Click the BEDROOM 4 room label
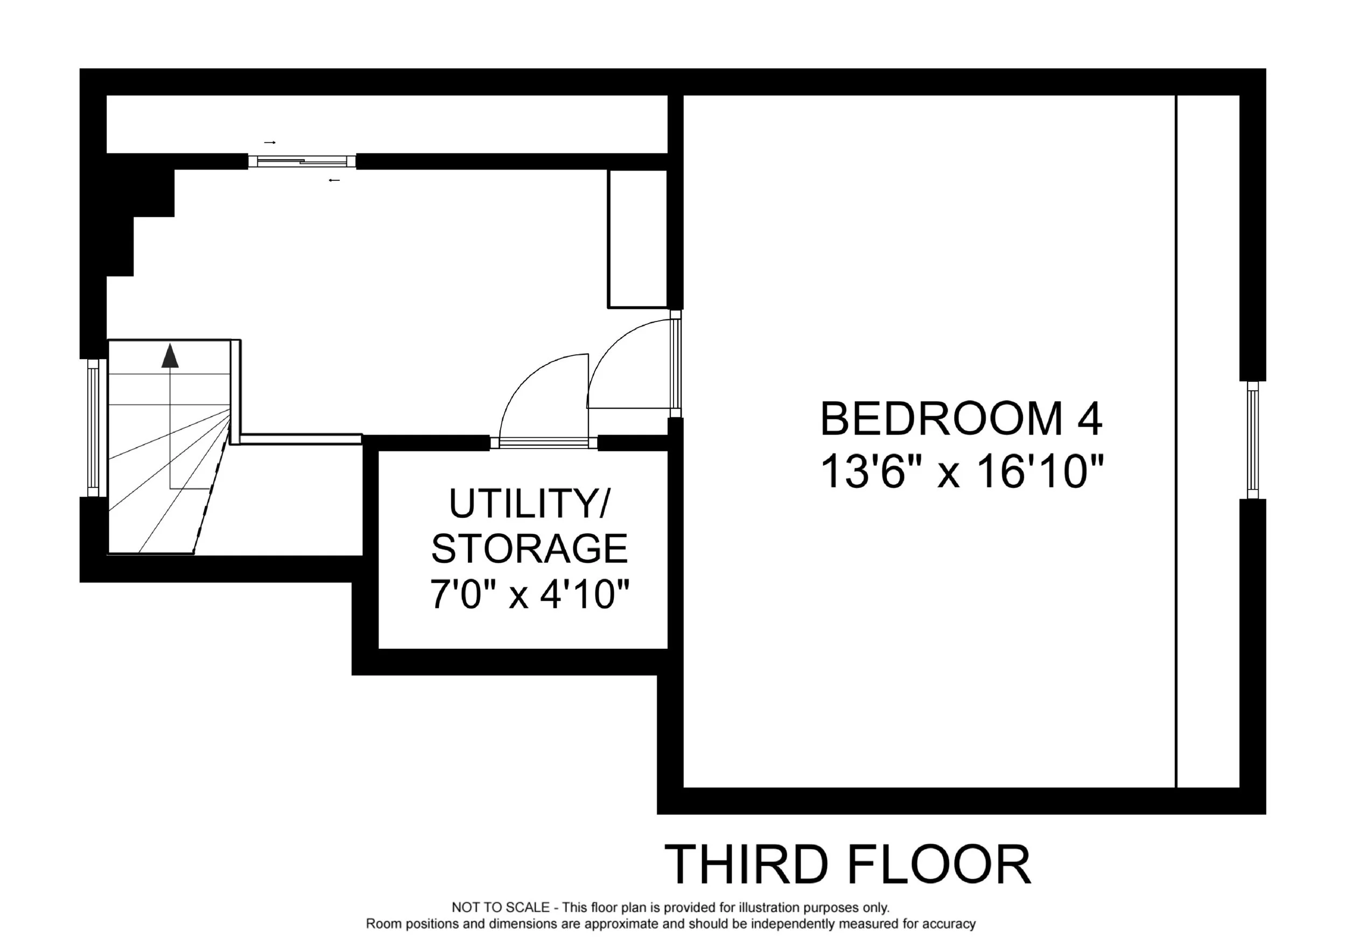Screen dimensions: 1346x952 961,418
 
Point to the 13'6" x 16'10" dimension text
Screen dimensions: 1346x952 962,472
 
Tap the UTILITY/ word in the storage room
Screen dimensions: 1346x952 529,503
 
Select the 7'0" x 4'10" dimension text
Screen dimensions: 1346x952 530,594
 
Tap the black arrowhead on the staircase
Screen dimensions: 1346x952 170,356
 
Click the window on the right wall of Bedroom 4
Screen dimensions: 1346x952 1253,440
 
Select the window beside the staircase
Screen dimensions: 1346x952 93,428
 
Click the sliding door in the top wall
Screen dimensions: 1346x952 302,161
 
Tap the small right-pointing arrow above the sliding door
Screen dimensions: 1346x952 270,143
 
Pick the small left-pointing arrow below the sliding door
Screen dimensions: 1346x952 334,180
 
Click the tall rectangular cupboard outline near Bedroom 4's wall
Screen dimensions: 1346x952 637,239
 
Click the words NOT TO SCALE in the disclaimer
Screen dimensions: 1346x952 501,908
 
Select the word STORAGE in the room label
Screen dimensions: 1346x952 529,549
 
